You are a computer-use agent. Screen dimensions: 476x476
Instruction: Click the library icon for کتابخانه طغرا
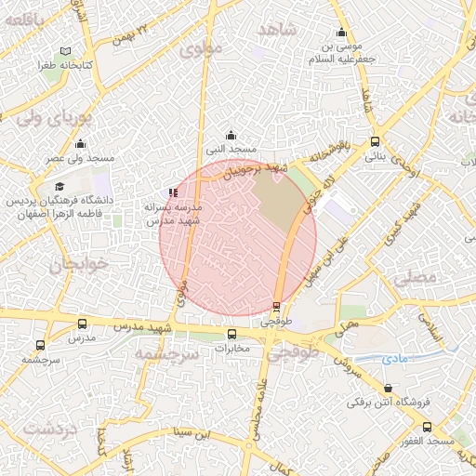click(62, 52)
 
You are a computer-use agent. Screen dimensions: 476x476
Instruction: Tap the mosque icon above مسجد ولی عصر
click(80, 144)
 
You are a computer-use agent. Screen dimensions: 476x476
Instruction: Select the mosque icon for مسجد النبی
click(231, 135)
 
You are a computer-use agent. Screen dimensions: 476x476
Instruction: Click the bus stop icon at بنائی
click(375, 142)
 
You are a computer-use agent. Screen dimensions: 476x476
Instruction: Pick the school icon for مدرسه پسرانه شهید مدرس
click(174, 192)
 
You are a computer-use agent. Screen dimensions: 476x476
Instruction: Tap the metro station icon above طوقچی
click(276, 306)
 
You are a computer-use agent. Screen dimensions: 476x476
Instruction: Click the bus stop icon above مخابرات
click(232, 334)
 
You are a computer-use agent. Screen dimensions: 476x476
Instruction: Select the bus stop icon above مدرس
click(83, 324)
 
